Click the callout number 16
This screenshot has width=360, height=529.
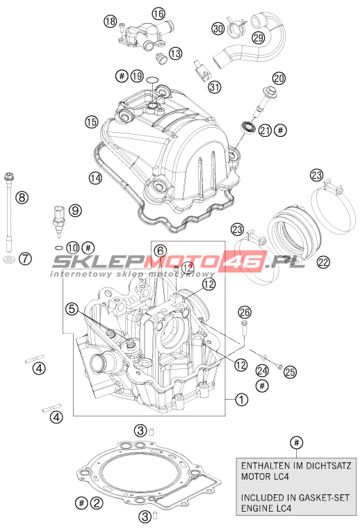(x=158, y=13)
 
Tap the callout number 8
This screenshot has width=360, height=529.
(x=22, y=197)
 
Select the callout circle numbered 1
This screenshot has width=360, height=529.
(x=242, y=400)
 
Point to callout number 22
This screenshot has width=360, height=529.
(x=323, y=262)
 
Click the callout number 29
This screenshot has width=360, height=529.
(x=259, y=38)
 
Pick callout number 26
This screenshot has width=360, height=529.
(x=245, y=313)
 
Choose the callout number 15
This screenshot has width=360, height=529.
(x=92, y=122)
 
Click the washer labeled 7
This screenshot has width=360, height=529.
(x=9, y=260)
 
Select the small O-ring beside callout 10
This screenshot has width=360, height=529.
(x=58, y=247)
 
